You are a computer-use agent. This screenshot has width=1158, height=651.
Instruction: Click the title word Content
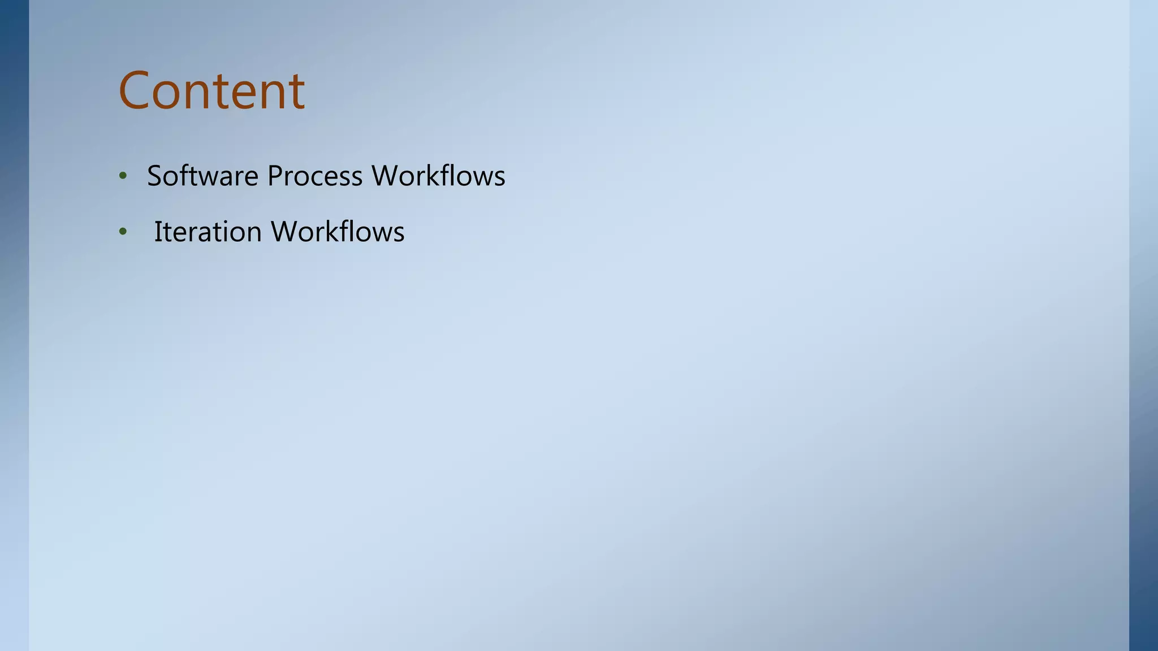[x=211, y=90]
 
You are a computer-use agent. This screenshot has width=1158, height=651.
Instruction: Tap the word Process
[x=314, y=176]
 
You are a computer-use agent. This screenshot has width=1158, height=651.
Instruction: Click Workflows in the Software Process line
[x=438, y=176]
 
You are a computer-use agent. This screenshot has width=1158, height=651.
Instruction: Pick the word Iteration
[x=208, y=232]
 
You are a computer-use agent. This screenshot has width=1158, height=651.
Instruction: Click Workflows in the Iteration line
[x=338, y=232]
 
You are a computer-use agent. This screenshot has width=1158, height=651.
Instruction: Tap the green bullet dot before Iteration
[x=123, y=232]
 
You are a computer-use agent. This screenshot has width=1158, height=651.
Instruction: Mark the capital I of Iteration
[x=158, y=232]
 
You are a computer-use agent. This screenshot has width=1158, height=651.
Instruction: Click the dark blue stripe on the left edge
[x=14, y=325]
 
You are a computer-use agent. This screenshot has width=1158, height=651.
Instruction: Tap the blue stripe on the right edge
[x=1143, y=325]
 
